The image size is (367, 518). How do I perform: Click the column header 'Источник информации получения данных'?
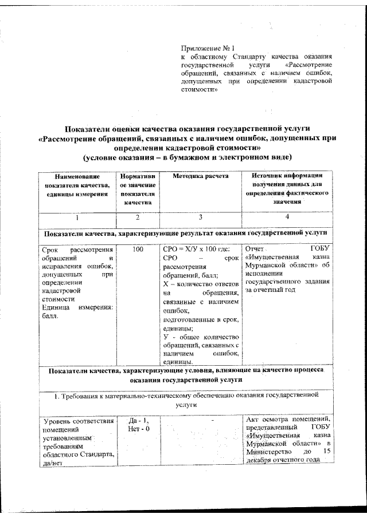tap(287, 189)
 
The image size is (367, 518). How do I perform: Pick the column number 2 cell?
tap(137, 218)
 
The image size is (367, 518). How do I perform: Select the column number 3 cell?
tap(200, 218)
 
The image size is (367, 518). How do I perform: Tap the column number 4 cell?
tap(287, 218)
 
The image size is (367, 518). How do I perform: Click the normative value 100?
tap(137, 250)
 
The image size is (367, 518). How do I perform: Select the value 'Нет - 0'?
tap(136, 430)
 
